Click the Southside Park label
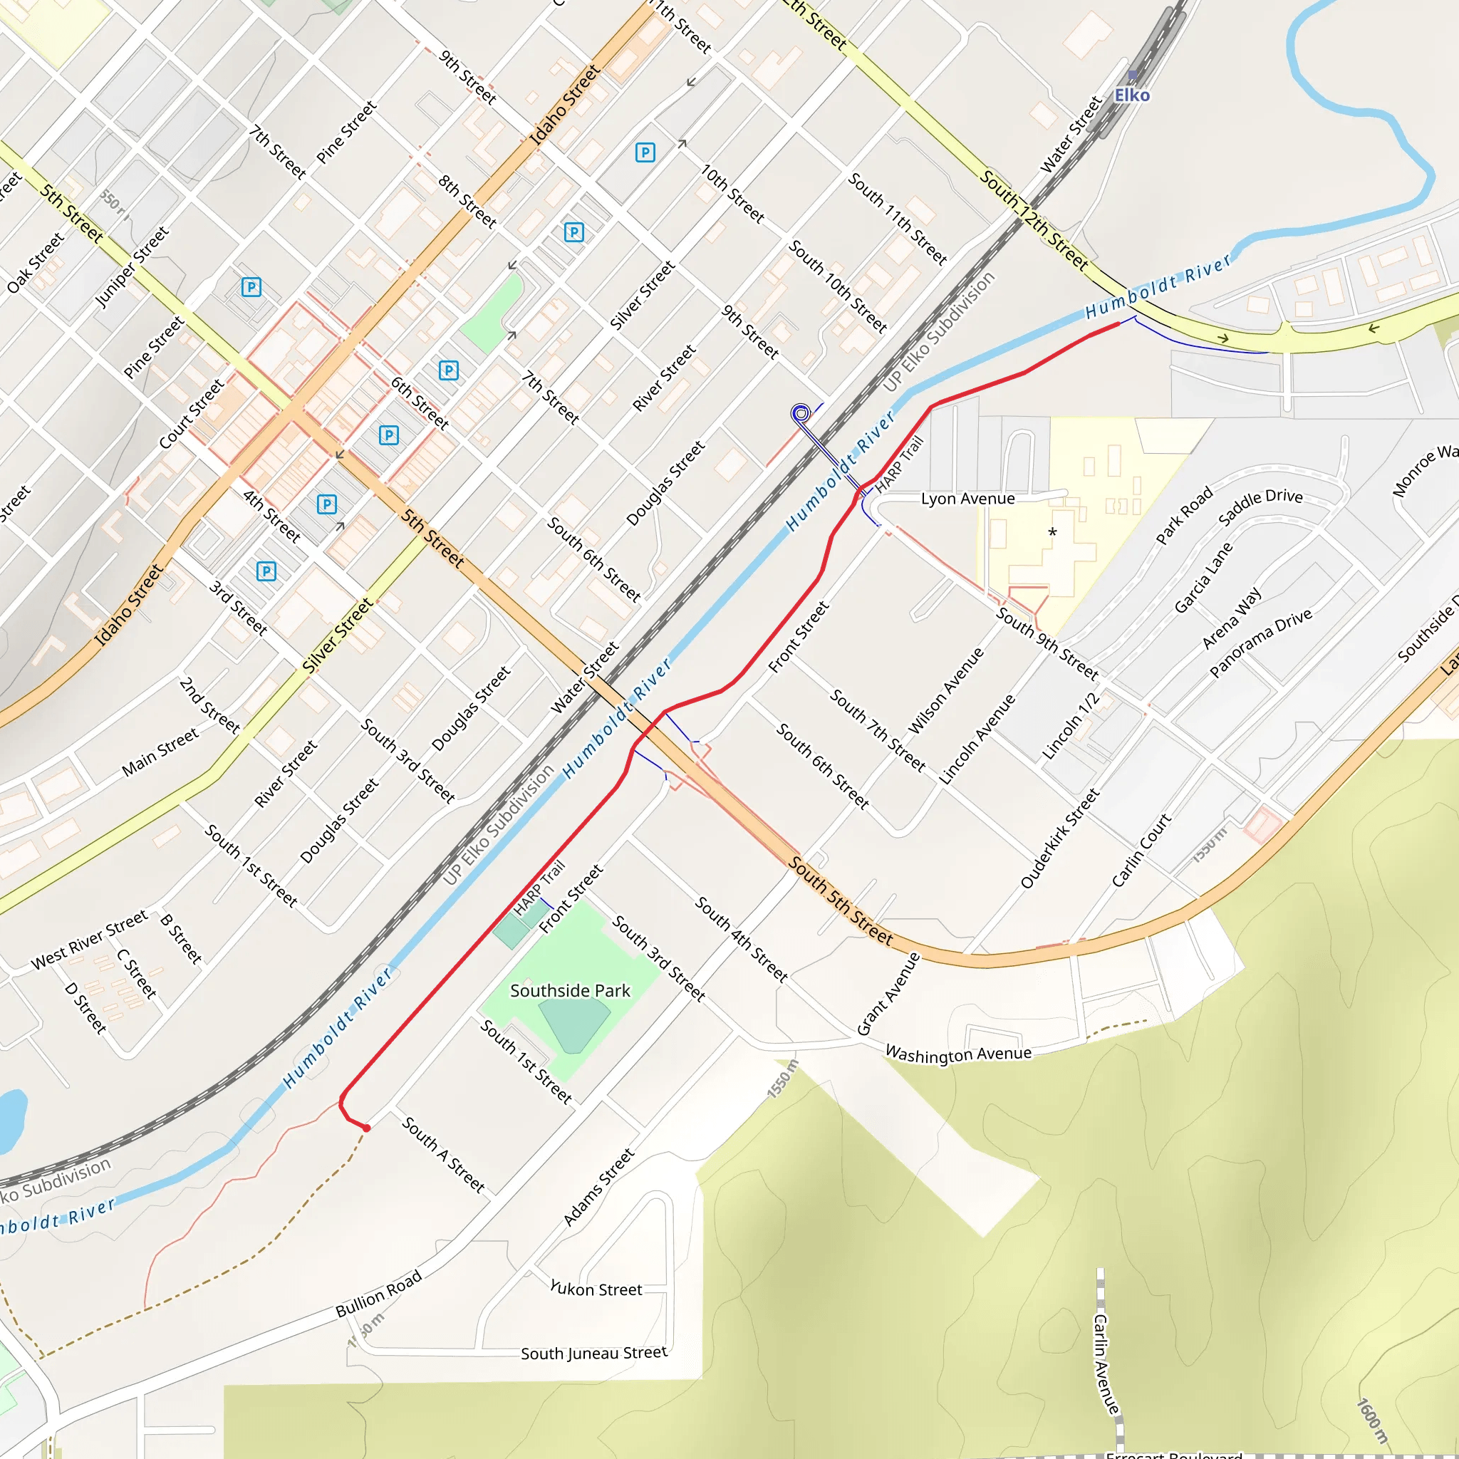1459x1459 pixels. coord(570,991)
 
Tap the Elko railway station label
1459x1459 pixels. coord(1132,95)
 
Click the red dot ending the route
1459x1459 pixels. coord(366,1128)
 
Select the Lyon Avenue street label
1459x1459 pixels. coord(967,499)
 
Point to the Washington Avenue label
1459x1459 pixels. coord(957,1054)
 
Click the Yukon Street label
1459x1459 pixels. coord(596,1289)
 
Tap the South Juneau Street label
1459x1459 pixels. coord(593,1353)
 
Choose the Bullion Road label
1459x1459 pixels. coord(378,1294)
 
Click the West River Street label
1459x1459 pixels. coord(89,940)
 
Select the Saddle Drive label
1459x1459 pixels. coord(1260,507)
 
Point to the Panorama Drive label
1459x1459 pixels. coord(1260,643)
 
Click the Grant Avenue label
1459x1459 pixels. coord(889,993)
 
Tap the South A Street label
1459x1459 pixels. coord(443,1155)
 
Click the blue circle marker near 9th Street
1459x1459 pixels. coord(801,413)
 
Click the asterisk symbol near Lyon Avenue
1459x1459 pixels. coord(1053,533)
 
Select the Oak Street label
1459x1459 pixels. coord(36,263)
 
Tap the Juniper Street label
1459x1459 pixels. coord(133,267)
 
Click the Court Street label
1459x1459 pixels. coord(192,414)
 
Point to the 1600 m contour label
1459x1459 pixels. coord(1372,1421)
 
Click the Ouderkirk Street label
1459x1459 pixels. coord(1060,838)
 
